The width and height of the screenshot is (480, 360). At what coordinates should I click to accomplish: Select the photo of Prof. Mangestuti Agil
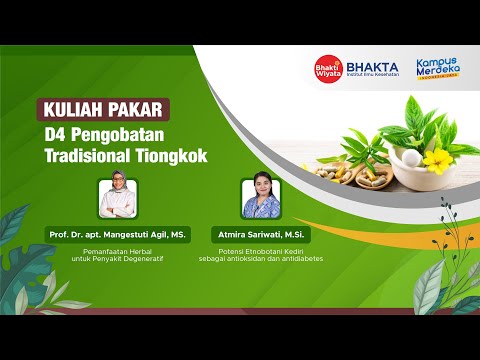tap(117, 197)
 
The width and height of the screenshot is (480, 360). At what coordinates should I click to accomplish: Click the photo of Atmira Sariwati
tap(261, 199)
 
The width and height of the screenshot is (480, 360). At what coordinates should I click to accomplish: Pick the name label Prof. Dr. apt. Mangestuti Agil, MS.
tap(117, 232)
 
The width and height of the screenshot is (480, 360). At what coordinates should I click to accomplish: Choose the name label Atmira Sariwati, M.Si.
tap(261, 232)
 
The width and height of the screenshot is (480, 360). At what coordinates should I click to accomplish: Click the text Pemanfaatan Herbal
tap(117, 249)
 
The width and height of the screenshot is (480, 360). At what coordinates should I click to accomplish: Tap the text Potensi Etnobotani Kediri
tap(261, 249)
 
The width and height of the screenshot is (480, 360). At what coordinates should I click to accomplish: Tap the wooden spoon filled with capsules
tap(340, 172)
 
